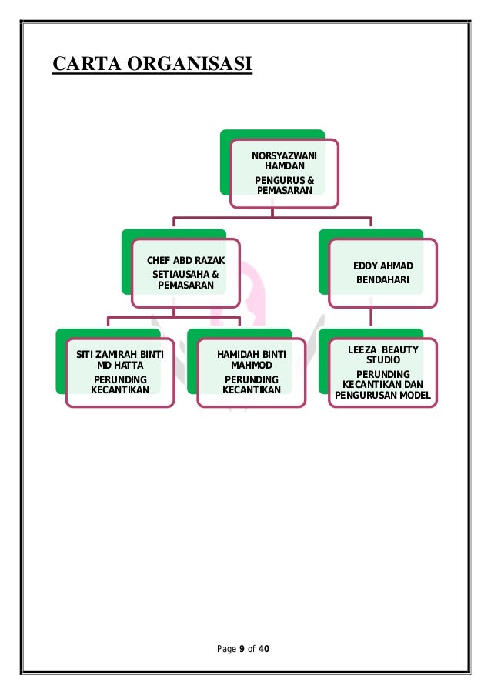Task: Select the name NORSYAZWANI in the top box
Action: (283, 155)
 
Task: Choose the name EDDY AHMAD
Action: (382, 266)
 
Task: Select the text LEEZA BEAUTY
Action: (383, 350)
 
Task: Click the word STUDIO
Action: (383, 360)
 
